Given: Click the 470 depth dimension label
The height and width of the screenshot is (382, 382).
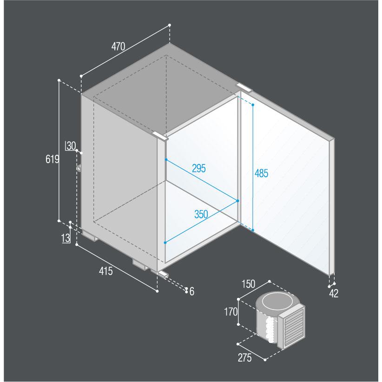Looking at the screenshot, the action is coord(118,46).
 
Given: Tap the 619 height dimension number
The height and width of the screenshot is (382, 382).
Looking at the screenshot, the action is coord(53,159).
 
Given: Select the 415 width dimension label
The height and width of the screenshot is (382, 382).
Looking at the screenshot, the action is coord(106,271).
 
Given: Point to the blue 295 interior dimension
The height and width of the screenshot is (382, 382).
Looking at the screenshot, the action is coord(199,168).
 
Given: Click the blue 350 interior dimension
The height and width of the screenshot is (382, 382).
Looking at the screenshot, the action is coord(201,214).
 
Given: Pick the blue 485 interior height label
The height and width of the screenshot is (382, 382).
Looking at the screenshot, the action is coord(262,173).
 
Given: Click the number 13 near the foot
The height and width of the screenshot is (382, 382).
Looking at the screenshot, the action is coord(66,238).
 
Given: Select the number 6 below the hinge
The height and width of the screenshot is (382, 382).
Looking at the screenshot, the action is coord(192,291).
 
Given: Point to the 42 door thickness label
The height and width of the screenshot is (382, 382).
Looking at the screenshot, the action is coord(334,294).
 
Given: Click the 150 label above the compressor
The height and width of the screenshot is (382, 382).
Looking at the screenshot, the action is coord(249,284).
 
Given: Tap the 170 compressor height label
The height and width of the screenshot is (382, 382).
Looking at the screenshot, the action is coord(231,311).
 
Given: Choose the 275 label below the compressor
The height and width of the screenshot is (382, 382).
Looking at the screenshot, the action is coord(244,358).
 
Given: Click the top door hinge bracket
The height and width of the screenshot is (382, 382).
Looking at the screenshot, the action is coord(244,87).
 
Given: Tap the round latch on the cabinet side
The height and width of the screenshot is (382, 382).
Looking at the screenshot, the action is coord(79,168).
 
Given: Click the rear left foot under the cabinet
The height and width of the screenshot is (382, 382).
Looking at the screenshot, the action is coord(90,235).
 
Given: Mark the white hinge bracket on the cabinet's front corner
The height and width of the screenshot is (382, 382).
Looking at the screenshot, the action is coord(160,136).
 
